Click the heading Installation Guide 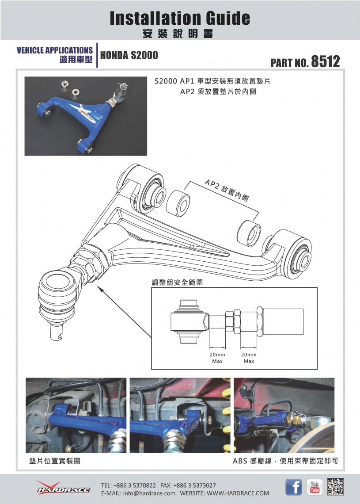click(180, 18)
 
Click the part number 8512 click(325, 61)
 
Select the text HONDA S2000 click(129, 55)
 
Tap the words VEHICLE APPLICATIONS click(55, 50)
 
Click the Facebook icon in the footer click(293, 487)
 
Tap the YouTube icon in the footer click(315, 487)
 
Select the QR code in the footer click(336, 487)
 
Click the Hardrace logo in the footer click(64, 488)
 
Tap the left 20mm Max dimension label click(217, 358)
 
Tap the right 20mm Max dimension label click(249, 358)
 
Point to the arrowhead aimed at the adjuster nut click(98, 288)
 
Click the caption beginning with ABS click(285, 461)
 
